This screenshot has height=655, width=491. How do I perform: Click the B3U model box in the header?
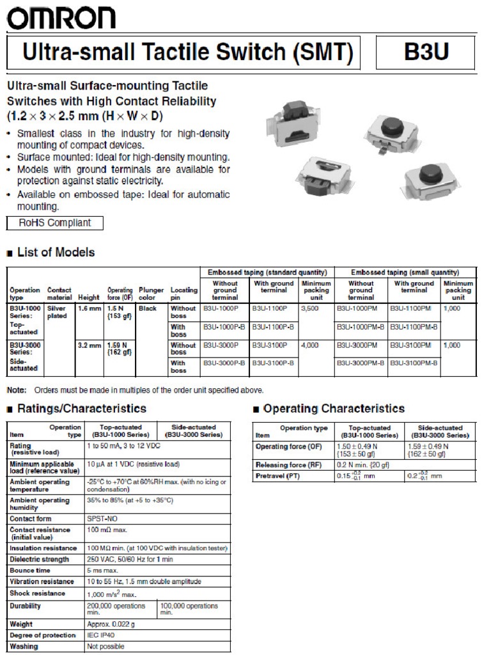[x=426, y=52]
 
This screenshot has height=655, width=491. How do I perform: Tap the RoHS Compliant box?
[x=54, y=223]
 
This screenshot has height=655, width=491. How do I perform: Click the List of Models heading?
[x=56, y=252]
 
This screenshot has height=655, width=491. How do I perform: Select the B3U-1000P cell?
[x=221, y=309]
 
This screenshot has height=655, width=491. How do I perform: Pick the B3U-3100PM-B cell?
[x=414, y=363]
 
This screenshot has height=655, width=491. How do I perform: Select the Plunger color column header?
[x=152, y=294]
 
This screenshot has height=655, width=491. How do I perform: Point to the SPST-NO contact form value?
[x=104, y=519]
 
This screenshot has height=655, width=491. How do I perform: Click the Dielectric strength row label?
[x=39, y=559]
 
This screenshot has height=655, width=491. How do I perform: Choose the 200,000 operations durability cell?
[x=116, y=609]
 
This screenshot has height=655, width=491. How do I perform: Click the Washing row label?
[x=24, y=646]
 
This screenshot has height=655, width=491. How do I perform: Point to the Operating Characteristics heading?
[x=334, y=409]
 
